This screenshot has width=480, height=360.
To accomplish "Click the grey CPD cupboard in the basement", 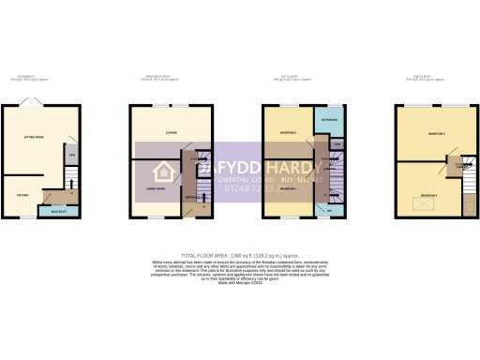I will (x=71, y=155).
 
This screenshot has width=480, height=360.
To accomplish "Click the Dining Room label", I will (x=146, y=188).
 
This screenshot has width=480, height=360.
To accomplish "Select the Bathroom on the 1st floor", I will (x=329, y=121).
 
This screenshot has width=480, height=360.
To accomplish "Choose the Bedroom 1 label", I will (x=289, y=188).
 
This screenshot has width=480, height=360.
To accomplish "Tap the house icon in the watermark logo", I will (x=165, y=172).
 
